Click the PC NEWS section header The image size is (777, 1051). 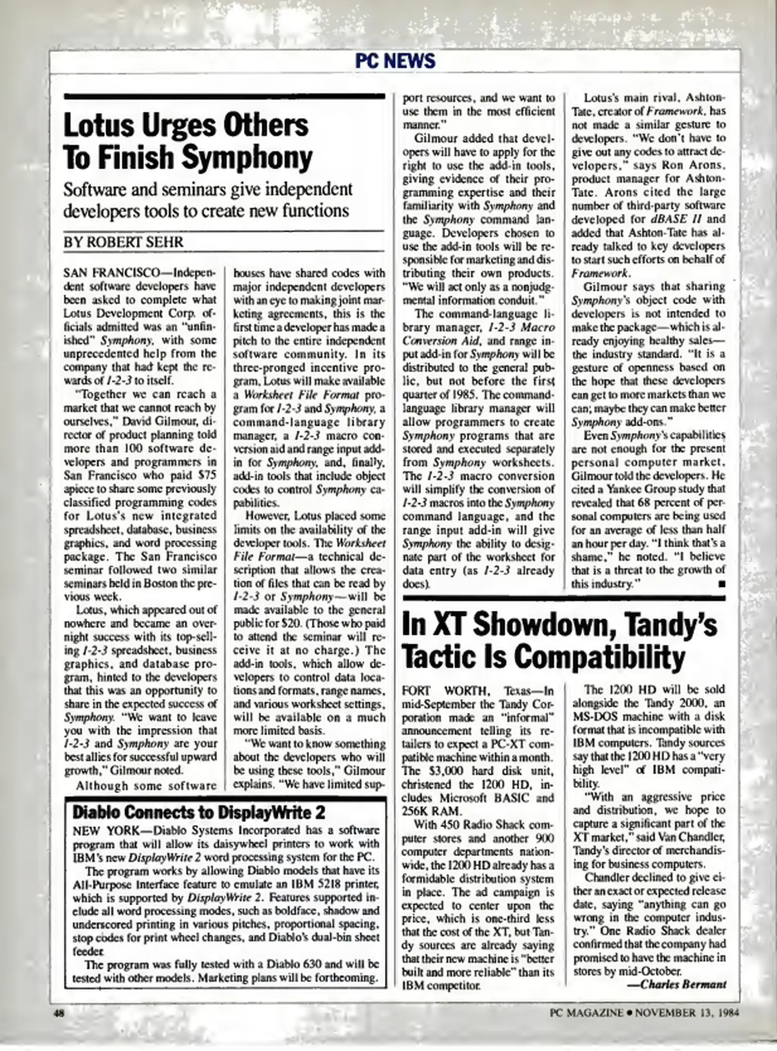tap(395, 61)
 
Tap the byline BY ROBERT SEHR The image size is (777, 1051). tap(124, 242)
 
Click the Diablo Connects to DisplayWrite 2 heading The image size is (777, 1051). tap(199, 812)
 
